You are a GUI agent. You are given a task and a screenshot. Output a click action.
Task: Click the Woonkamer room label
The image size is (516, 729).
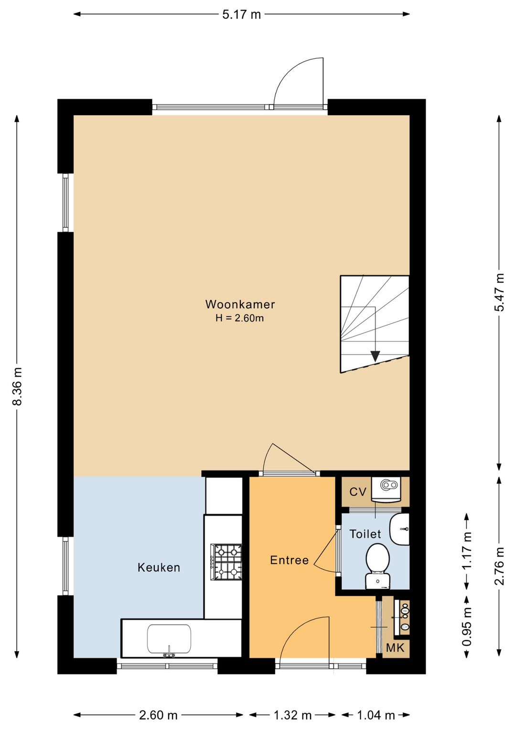tap(240, 304)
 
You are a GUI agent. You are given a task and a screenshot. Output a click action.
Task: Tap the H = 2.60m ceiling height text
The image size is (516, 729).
tap(240, 318)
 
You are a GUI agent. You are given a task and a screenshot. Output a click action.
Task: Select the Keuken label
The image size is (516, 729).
tap(159, 567)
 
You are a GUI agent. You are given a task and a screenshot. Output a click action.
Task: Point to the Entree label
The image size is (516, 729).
tap(290, 560)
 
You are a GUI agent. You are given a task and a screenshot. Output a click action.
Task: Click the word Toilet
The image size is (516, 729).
tap(365, 534)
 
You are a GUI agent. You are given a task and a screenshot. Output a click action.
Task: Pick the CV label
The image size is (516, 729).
tap(358, 492)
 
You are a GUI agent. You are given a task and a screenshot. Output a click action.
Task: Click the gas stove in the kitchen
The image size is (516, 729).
tap(226, 562)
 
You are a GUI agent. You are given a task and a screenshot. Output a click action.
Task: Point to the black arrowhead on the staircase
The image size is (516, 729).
tap(375, 356)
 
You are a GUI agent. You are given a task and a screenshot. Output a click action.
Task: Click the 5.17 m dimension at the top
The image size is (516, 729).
tap(242, 14)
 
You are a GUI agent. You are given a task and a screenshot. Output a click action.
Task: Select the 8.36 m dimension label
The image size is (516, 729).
tap(17, 386)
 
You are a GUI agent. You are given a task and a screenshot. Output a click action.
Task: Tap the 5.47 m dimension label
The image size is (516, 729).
tap(499, 292)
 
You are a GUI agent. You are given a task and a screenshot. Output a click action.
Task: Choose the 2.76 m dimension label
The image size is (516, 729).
tap(499, 566)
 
